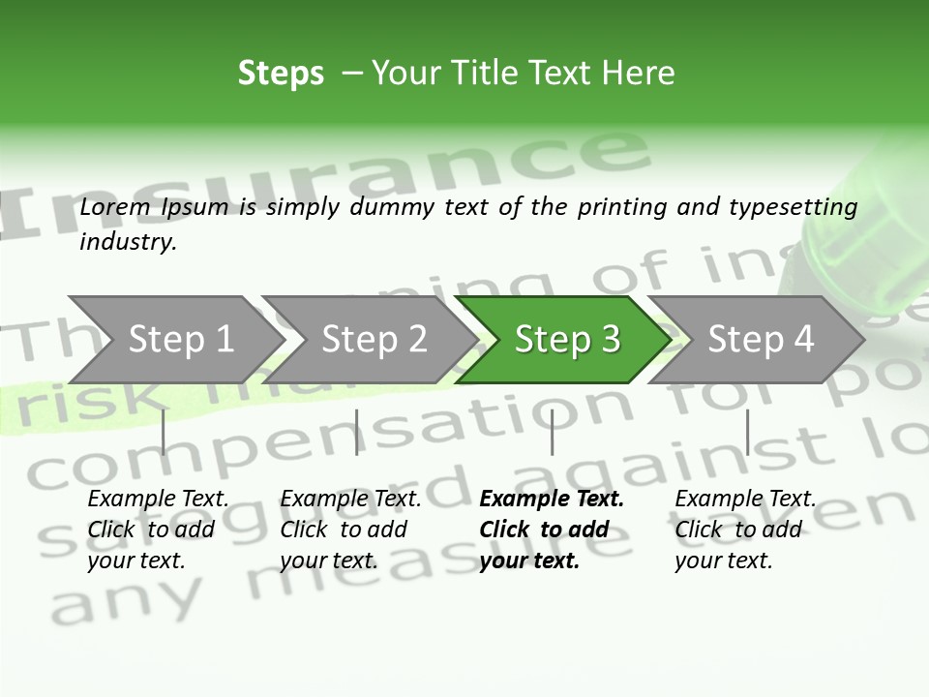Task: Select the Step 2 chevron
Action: pyautogui.click(x=374, y=339)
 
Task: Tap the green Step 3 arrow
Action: pyautogui.click(x=567, y=339)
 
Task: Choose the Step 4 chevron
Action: pyautogui.click(x=761, y=339)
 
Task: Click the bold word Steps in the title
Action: pyautogui.click(x=281, y=74)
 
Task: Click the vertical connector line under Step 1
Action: pyautogui.click(x=164, y=432)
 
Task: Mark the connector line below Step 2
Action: pyautogui.click(x=357, y=432)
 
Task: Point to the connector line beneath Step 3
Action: pyautogui.click(x=552, y=432)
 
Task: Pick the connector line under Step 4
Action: pyautogui.click(x=747, y=432)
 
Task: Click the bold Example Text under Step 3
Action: pyautogui.click(x=552, y=499)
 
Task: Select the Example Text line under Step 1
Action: pyautogui.click(x=158, y=499)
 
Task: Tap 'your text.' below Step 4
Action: pyautogui.click(x=723, y=561)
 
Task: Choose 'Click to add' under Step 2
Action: pyautogui.click(x=344, y=530)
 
